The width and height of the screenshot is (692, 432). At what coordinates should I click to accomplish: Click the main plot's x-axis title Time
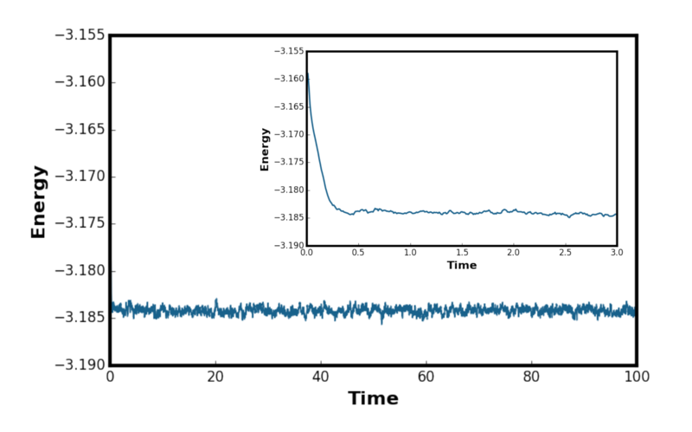(x=373, y=398)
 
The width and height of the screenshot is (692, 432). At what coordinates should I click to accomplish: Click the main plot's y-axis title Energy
(x=38, y=202)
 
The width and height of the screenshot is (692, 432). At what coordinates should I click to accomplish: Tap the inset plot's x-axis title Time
(x=462, y=265)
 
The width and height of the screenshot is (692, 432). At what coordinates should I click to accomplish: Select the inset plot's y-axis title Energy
(x=265, y=149)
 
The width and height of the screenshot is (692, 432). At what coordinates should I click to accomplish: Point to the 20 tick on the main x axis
(x=215, y=377)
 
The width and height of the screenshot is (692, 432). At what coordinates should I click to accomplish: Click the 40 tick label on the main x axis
(x=320, y=377)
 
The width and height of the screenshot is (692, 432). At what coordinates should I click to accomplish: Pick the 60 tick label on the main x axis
(x=426, y=377)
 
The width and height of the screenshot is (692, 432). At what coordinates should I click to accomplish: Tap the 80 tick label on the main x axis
(x=531, y=377)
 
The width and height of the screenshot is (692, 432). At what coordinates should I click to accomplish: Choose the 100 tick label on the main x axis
(x=637, y=377)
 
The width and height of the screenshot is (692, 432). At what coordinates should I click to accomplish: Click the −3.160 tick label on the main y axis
(x=80, y=82)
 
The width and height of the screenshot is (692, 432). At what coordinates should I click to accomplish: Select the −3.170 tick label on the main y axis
(x=80, y=177)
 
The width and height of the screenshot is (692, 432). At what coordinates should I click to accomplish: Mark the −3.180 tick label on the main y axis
(x=80, y=271)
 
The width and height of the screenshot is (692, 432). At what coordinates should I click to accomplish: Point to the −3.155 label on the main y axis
(x=80, y=35)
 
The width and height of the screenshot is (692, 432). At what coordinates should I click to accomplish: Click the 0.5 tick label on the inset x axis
(x=358, y=253)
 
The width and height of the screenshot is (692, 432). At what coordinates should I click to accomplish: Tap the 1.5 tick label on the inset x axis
(x=462, y=253)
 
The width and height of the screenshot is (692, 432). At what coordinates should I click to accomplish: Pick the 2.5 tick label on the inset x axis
(x=565, y=253)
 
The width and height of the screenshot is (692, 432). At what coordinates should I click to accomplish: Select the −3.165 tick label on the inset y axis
(x=289, y=106)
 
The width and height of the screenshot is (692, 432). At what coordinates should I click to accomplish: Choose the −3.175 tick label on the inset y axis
(x=289, y=162)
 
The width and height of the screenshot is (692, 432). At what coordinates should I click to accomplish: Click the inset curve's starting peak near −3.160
(x=308, y=74)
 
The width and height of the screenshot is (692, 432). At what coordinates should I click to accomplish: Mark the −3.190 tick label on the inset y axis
(x=289, y=245)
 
